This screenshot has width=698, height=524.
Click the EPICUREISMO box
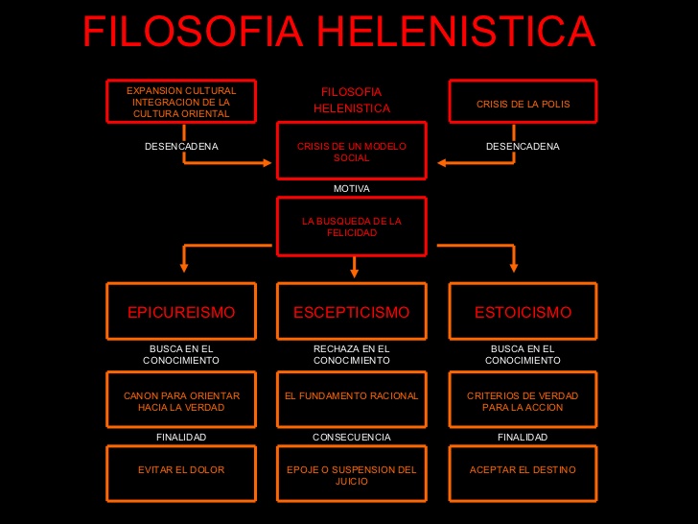pyautogui.click(x=181, y=311)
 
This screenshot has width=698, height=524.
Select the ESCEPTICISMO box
pyautogui.click(x=352, y=311)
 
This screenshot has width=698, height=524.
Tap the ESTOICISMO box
pyautogui.click(x=523, y=311)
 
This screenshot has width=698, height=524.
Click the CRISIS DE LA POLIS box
pyautogui.click(x=523, y=101)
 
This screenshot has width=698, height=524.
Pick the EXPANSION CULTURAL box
pyautogui.click(x=181, y=101)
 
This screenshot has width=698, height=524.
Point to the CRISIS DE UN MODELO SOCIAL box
pyautogui.click(x=352, y=151)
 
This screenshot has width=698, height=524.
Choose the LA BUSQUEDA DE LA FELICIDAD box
pyautogui.click(x=352, y=226)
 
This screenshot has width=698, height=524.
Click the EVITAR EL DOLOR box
pyautogui.click(x=181, y=473)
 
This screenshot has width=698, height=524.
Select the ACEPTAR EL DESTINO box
pyautogui.click(x=523, y=473)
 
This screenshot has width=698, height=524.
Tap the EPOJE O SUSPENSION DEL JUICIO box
pyautogui.click(x=352, y=473)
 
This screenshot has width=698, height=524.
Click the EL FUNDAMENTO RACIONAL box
pyautogui.click(x=352, y=399)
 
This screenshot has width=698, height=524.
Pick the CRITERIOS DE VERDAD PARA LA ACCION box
pyautogui.click(x=523, y=399)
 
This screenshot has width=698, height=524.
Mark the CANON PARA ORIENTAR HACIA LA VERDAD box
pyautogui.click(x=181, y=399)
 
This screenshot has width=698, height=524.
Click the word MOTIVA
pyautogui.click(x=352, y=188)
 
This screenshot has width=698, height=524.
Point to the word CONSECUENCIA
pyautogui.click(x=352, y=437)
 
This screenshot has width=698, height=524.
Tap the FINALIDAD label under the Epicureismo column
pyautogui.click(x=181, y=437)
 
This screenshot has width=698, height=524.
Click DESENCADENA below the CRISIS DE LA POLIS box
pyautogui.click(x=523, y=146)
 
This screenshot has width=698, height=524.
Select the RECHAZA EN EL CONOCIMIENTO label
pyautogui.click(x=352, y=355)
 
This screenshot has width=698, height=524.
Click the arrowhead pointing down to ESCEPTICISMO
pyautogui.click(x=355, y=273)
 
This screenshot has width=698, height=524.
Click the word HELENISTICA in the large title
pyautogui.click(x=455, y=31)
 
